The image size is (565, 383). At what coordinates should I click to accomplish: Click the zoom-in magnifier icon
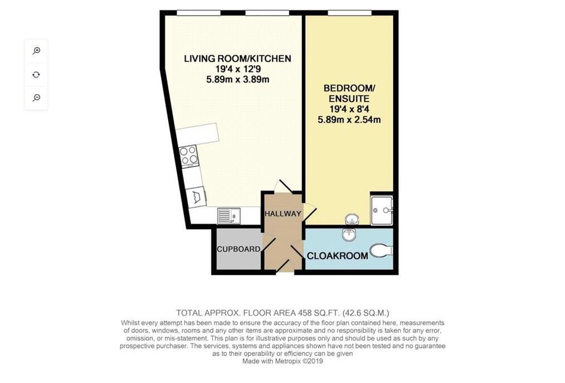tap(36, 51)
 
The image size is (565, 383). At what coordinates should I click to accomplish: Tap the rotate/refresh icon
tap(36, 75)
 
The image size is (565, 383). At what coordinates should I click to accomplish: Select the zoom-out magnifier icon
tap(36, 98)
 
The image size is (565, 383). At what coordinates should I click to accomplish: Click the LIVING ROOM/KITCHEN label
tap(237, 59)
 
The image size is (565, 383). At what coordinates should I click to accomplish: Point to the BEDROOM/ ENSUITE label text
tap(349, 94)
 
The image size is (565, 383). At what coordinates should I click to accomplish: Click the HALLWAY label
tap(283, 214)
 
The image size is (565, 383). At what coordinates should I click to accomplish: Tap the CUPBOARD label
tap(238, 249)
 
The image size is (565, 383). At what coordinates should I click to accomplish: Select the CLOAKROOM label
tap(338, 256)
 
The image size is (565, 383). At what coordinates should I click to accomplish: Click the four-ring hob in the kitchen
tap(189, 156)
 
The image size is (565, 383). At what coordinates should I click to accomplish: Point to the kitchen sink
tap(229, 216)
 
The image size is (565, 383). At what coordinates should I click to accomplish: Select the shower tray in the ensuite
tap(382, 210)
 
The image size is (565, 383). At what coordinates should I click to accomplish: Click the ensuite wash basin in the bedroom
tap(352, 219)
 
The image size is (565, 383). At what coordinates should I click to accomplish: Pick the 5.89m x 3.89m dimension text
tap(237, 79)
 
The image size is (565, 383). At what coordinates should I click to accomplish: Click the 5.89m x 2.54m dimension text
tap(349, 119)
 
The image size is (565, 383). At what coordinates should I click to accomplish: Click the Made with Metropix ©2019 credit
tap(282, 361)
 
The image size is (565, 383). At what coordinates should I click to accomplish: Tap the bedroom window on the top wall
tap(349, 13)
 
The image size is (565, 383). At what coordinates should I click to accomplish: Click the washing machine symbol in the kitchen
tap(196, 197)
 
